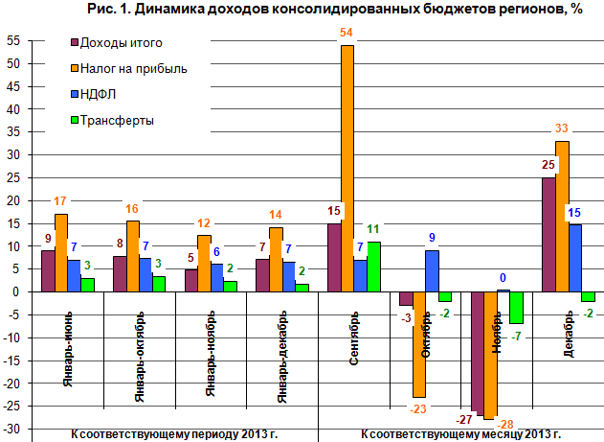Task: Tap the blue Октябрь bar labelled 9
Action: pyautogui.click(x=433, y=271)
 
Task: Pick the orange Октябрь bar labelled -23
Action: pyautogui.click(x=419, y=344)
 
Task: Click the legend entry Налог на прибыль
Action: pyautogui.click(x=133, y=68)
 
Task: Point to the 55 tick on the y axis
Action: pyautogui.click(x=12, y=41)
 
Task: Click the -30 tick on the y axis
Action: pyautogui.click(x=12, y=428)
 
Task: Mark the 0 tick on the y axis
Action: pyautogui.click(x=15, y=291)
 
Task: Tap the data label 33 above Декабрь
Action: pyautogui.click(x=563, y=129)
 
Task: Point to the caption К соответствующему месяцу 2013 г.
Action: pyautogui.click(x=447, y=434)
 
